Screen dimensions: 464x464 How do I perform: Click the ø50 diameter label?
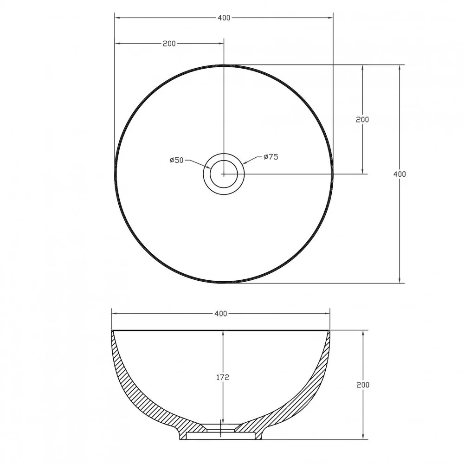(x=177, y=160)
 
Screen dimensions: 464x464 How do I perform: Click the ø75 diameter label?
(x=271, y=157)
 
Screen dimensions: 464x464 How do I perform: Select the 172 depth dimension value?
(x=223, y=377)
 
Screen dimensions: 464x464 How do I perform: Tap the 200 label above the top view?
(x=169, y=44)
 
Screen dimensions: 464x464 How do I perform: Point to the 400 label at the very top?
(x=224, y=18)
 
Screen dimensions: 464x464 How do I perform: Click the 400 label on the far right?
(x=400, y=174)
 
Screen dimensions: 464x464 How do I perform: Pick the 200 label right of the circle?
(x=362, y=120)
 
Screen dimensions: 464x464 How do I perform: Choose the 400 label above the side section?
(x=221, y=313)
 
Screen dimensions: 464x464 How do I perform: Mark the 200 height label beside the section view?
(x=363, y=385)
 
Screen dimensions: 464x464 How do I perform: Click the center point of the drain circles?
(x=224, y=174)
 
